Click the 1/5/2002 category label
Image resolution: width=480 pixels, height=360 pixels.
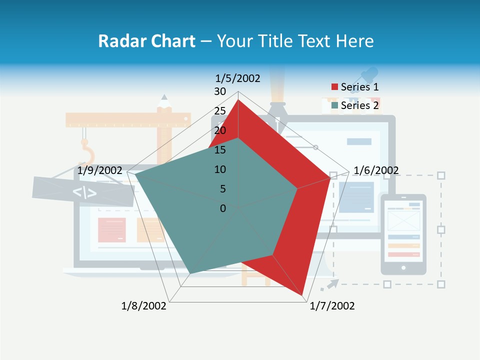(238, 78)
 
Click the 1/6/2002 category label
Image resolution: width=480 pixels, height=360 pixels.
(376, 170)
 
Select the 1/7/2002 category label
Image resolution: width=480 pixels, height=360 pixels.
(332, 306)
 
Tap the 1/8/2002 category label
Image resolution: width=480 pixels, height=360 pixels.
(144, 306)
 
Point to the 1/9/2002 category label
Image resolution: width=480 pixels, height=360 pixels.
(100, 170)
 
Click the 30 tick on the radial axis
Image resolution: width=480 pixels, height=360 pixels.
(219, 91)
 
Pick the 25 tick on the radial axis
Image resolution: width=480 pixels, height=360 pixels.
(219, 111)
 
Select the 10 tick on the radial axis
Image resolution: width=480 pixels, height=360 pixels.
(219, 169)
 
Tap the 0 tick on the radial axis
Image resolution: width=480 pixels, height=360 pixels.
(223, 208)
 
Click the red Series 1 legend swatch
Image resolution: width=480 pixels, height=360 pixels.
(334, 87)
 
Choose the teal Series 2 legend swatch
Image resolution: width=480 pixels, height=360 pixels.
(334, 105)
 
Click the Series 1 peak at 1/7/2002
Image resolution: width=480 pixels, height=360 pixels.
(303, 295)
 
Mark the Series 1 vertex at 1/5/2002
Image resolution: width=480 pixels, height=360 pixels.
(238, 100)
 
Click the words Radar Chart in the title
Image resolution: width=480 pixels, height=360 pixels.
(146, 41)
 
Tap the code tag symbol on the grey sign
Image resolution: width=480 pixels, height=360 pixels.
(84, 192)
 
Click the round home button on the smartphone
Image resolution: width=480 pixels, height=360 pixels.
(403, 267)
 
